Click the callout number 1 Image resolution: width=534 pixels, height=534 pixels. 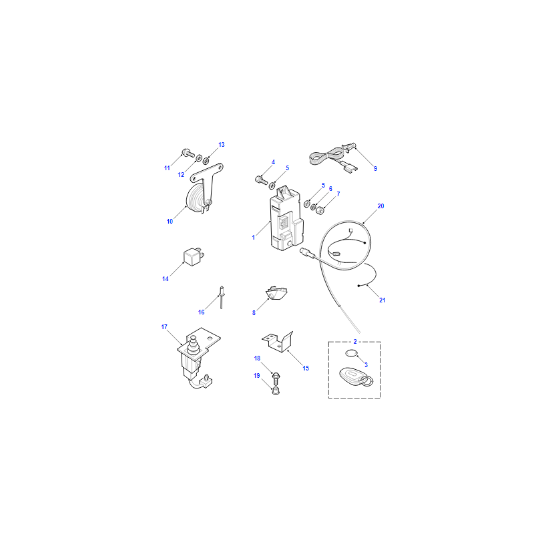pyautogui.click(x=254, y=238)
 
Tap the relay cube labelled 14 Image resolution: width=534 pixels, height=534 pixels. pyautogui.click(x=194, y=257)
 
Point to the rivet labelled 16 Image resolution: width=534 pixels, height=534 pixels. pyautogui.click(x=222, y=297)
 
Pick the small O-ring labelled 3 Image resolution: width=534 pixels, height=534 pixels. pyautogui.click(x=352, y=353)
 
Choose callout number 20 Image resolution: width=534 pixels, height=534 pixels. pyautogui.click(x=380, y=206)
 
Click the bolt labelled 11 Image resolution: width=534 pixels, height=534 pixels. pyautogui.click(x=188, y=153)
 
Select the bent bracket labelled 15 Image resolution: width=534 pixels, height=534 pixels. pyautogui.click(x=278, y=342)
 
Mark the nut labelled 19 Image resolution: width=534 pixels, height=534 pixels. pyautogui.click(x=276, y=390)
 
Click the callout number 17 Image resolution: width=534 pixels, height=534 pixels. pyautogui.click(x=164, y=327)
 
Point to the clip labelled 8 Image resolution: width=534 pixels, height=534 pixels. pyautogui.click(x=276, y=293)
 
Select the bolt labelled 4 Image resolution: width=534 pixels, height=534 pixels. pyautogui.click(x=261, y=180)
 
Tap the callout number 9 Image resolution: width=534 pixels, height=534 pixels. pyautogui.click(x=375, y=168)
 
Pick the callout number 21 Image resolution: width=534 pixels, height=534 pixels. pyautogui.click(x=382, y=300)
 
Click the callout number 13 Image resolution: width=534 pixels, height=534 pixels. pyautogui.click(x=222, y=145)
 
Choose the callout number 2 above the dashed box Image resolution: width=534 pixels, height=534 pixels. pyautogui.click(x=355, y=341)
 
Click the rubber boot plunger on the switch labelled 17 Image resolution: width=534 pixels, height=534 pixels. pyautogui.click(x=194, y=346)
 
